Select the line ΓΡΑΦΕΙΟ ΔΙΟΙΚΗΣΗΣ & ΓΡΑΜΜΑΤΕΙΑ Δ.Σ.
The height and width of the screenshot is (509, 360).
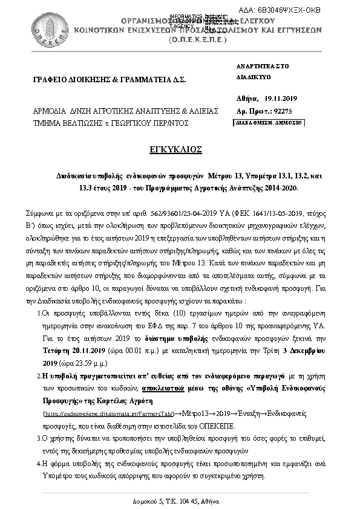110,80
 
